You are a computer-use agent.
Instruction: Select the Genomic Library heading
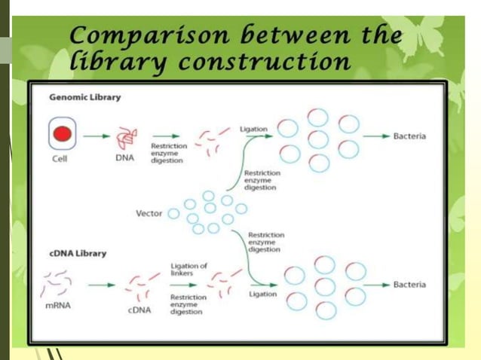point(85,97)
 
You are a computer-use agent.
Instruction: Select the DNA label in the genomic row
point(124,158)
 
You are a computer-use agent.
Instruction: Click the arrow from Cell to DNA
point(95,136)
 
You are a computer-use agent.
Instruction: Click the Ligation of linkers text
point(188,270)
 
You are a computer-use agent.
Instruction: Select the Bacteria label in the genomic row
point(409,136)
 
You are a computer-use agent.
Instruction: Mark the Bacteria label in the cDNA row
point(409,285)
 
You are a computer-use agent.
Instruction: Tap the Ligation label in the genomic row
point(253,129)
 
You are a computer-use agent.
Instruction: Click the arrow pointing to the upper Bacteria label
point(375,136)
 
